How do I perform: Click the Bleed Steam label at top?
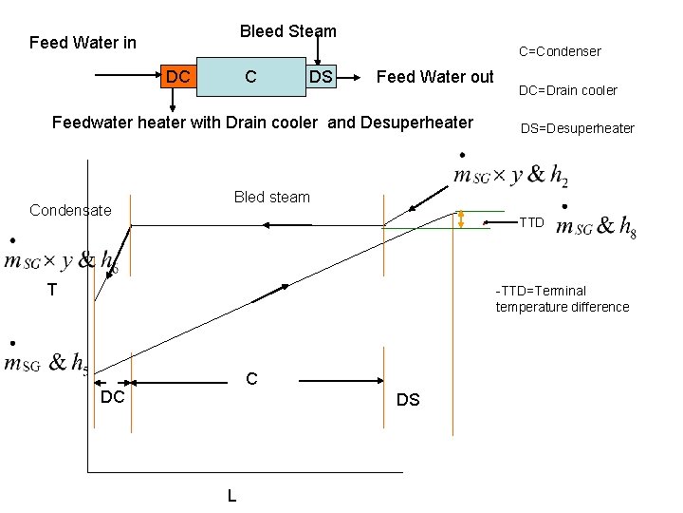coord(287,31)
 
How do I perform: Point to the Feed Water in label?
coord(83,43)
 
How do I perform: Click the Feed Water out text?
coord(434,77)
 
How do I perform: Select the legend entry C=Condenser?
coord(559,51)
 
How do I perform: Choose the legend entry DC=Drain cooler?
coord(567,90)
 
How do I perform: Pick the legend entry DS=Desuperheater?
coord(577,128)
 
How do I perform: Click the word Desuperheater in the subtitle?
coord(418,122)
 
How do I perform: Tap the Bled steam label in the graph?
coord(271,197)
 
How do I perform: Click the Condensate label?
coord(70,210)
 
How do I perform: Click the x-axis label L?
coord(231,495)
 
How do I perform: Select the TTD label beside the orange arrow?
coord(531,222)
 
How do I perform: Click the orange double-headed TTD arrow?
coord(461,219)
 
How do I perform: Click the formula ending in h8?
coord(596,226)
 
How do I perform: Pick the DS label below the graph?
coord(408,400)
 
